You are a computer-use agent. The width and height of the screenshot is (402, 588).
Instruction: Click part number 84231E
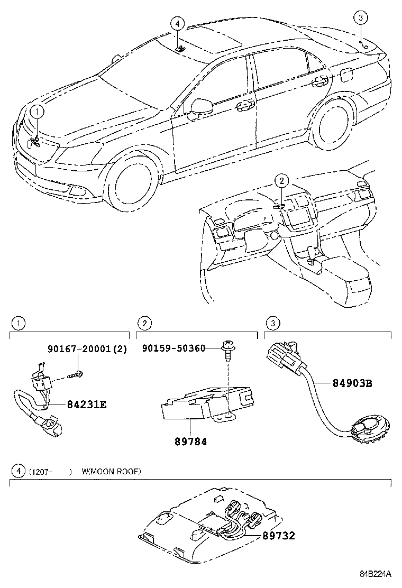coord(87,405)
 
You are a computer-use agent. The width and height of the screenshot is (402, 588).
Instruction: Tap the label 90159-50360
coord(173,348)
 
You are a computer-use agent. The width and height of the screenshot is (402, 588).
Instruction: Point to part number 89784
coord(190,442)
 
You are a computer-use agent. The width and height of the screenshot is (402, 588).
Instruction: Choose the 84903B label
coord(352,383)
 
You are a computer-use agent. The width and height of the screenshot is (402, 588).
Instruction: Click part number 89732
coord(279,536)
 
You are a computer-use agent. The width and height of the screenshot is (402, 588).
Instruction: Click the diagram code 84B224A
coord(376,573)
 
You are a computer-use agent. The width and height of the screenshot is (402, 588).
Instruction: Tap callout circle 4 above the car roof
coord(177,24)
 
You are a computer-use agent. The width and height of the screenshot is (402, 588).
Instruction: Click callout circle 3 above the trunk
coord(360,17)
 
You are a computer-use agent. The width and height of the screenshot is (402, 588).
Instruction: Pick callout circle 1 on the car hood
coord(38,111)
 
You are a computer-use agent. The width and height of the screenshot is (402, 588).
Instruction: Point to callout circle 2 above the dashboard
coord(281,181)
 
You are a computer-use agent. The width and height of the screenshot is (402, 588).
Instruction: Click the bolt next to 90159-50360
coord(227,350)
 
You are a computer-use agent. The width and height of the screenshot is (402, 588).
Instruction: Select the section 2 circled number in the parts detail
coord(145,323)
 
